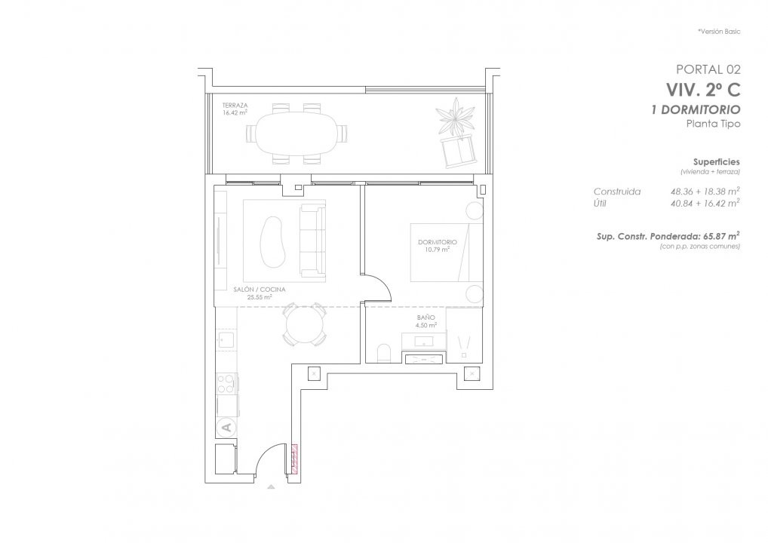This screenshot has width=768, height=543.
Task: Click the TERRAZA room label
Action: [235, 106]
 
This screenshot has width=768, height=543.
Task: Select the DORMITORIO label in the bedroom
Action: [438, 242]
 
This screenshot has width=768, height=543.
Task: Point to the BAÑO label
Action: [425, 318]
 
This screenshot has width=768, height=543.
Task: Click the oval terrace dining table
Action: [296, 133]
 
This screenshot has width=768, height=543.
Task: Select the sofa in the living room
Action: [312, 242]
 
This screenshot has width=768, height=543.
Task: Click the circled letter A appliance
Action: [226, 428]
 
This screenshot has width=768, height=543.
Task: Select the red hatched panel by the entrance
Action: [295, 459]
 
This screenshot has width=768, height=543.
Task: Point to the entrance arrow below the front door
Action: [271, 486]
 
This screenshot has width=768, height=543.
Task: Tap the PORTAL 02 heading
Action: [708, 69]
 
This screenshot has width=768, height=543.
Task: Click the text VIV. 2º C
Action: [703, 90]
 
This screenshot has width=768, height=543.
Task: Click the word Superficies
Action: [717, 161]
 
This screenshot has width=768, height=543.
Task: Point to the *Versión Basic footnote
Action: [719, 32]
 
